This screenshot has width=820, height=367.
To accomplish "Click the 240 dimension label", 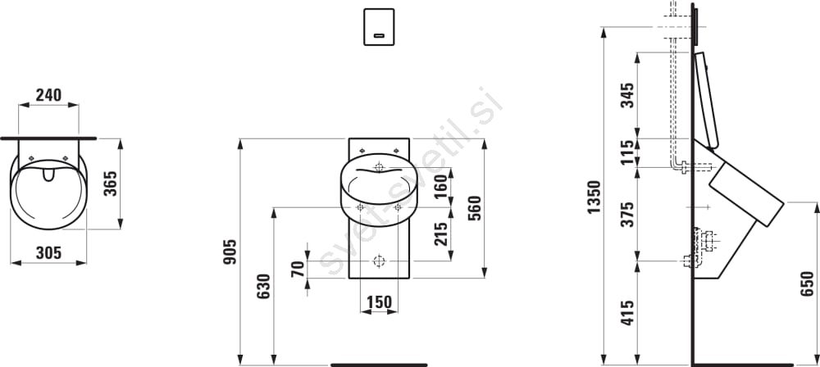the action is (48, 95).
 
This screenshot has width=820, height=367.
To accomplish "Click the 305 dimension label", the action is (48, 253).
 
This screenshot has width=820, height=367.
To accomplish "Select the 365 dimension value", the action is (110, 183).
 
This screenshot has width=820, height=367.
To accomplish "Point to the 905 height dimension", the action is (230, 251).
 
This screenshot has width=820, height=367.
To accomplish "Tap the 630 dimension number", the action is (263, 286).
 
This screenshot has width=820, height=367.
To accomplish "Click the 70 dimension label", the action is (298, 270).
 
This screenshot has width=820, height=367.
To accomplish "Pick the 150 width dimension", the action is (379, 302).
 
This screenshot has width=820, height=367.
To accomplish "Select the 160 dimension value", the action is (441, 187).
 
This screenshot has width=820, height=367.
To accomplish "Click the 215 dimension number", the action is (441, 233).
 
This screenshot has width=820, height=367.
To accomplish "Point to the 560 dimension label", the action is (474, 208).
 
